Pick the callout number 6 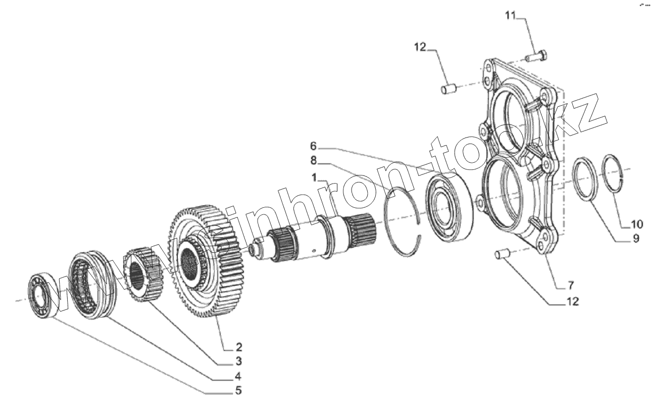tap(313, 147)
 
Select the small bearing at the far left tap(40, 295)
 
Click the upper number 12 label tap(420, 48)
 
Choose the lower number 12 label tap(572, 302)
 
